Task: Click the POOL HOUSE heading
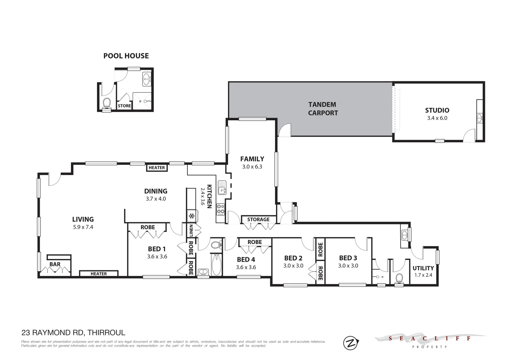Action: [126, 56]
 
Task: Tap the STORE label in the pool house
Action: [124, 106]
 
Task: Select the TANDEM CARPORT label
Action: [323, 109]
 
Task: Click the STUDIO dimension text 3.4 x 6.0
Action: [437, 118]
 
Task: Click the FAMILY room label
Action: [252, 159]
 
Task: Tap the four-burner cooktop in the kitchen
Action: [221, 209]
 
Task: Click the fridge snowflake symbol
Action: [192, 216]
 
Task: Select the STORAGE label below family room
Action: [258, 219]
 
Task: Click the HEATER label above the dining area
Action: [156, 168]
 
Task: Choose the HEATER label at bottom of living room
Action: [99, 274]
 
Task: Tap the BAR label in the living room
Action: [55, 264]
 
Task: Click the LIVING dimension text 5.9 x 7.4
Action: [83, 227]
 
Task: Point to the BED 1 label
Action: [157, 249]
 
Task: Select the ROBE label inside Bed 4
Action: [255, 242]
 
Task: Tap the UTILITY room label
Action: [423, 268]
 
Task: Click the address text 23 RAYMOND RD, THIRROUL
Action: [73, 332]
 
